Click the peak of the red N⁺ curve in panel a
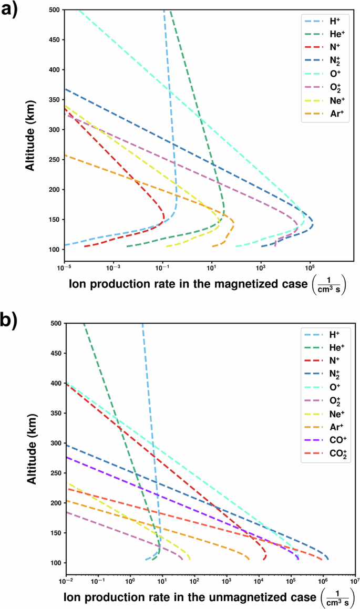coord(164,216)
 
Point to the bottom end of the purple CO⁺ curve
coord(298,560)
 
